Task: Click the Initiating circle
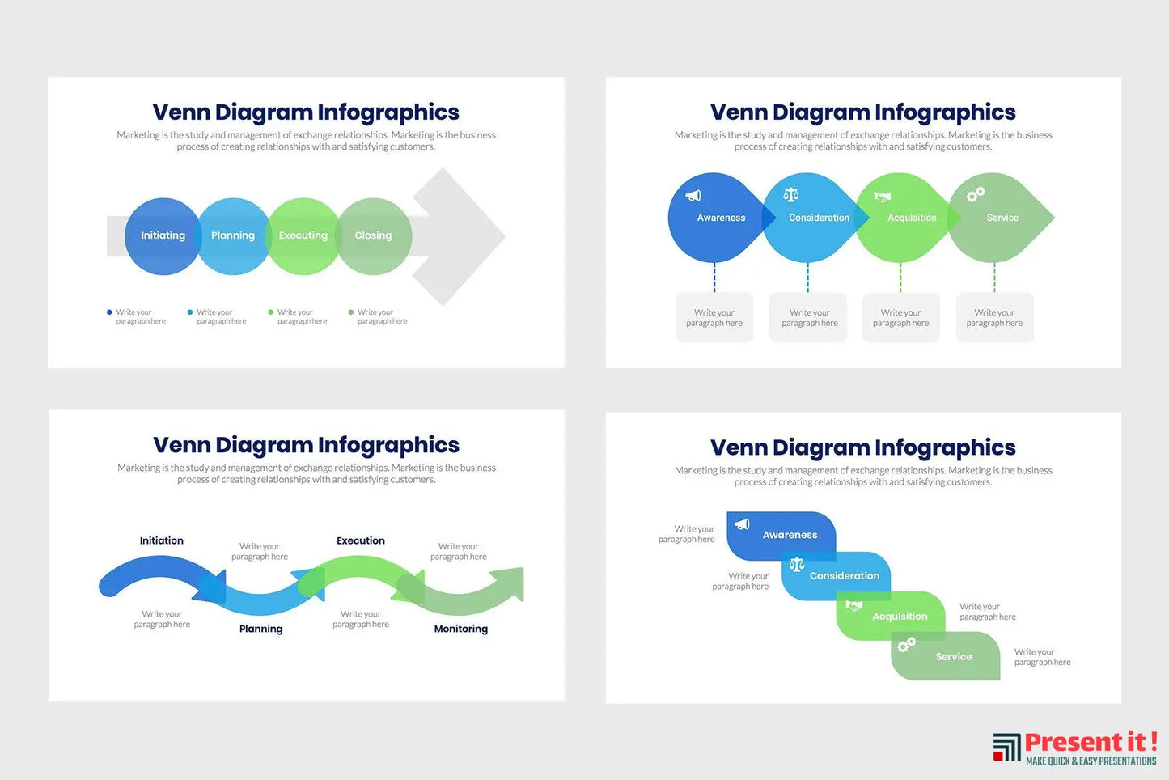point(163,235)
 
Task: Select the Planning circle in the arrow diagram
point(233,235)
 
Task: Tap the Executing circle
point(303,235)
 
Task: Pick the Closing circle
point(374,235)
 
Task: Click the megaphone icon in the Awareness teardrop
point(693,196)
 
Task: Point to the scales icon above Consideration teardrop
point(791,195)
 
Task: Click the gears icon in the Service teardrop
point(976,194)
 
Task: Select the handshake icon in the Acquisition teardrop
point(883,197)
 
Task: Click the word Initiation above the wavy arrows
point(162,540)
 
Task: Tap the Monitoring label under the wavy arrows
point(461,629)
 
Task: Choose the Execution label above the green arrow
point(361,540)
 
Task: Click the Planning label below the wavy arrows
point(261,629)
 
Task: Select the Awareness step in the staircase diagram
point(789,535)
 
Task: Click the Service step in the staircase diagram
point(953,657)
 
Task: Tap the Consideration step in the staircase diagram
point(844,575)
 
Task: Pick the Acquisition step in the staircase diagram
point(899,617)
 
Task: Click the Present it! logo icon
point(1006,747)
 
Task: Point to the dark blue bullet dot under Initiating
point(109,312)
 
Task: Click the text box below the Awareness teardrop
point(714,318)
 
